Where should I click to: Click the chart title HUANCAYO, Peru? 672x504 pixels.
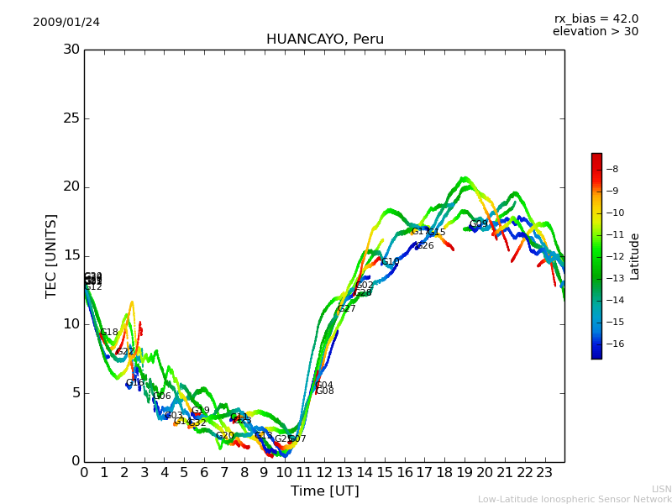pos(325,39)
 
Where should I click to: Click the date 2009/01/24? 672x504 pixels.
pos(66,22)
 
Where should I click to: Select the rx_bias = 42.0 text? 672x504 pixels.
pos(596,19)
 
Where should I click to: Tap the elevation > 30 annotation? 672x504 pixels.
pos(596,32)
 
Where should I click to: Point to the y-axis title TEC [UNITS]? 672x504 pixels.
pos(52,255)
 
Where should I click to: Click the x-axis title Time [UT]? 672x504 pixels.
pos(325,491)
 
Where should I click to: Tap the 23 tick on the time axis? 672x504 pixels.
pos(545,472)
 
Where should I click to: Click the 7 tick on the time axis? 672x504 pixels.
pos(224,472)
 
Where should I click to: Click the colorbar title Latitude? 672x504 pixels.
pos(635,256)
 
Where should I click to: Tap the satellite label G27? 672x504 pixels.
pos(347,309)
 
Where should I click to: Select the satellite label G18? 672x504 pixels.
pos(109,333)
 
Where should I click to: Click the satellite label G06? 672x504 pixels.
pos(162,396)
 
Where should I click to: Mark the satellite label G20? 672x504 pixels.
pos(225,436)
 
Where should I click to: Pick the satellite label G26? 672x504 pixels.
pos(425,246)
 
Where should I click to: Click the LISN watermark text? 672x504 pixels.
pos(661,489)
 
